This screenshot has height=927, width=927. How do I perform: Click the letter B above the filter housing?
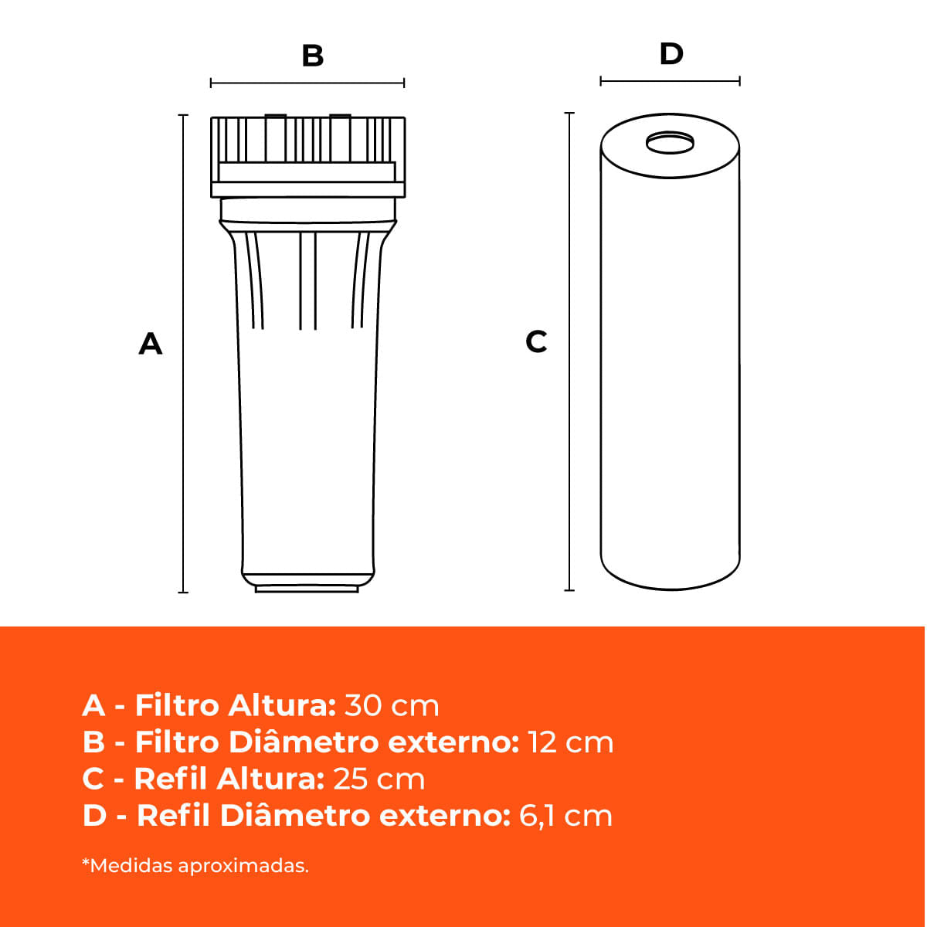coord(313,56)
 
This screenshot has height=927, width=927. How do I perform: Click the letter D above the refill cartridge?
coord(671,53)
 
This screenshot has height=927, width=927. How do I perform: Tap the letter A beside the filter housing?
coord(150,344)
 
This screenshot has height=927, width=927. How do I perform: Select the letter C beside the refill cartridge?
coord(536,341)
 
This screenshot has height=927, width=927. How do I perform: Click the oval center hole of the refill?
coord(670,143)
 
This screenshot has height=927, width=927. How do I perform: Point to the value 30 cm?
coord(392,706)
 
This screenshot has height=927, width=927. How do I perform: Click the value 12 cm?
coord(571,742)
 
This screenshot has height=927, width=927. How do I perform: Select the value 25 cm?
coord(379,779)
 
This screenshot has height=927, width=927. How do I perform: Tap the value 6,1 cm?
coord(565,816)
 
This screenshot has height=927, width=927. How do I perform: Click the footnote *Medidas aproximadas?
coord(195,865)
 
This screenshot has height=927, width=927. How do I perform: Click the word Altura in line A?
coord(282,706)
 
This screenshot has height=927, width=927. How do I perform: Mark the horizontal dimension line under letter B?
coord(307,83)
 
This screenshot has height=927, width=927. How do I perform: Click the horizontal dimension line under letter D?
coord(670,81)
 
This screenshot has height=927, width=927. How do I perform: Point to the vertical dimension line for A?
coord(183,354)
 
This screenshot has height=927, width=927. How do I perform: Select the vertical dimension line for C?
coord(569,351)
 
